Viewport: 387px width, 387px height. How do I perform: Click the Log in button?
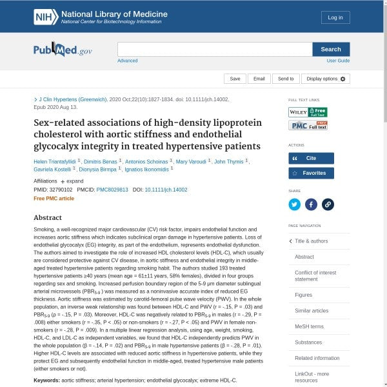click(x=335, y=17)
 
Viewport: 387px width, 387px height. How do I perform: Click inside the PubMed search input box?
click(x=214, y=50)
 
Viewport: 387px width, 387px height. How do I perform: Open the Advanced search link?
click(x=127, y=61)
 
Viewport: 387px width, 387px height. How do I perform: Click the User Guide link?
click(x=338, y=61)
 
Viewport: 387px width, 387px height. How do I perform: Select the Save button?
click(x=235, y=79)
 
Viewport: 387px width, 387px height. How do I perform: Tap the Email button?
click(x=259, y=79)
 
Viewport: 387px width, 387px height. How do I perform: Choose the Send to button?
click(x=286, y=79)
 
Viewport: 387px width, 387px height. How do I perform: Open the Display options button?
click(x=326, y=79)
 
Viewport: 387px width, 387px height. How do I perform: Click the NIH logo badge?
click(x=46, y=17)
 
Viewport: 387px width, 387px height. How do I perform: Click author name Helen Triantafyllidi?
click(x=55, y=161)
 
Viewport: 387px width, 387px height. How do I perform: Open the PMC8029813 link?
click(x=112, y=190)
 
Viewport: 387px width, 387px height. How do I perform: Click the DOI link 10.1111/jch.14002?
click(x=166, y=190)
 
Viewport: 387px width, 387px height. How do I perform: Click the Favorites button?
click(x=311, y=173)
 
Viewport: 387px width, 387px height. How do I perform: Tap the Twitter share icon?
click(x=295, y=204)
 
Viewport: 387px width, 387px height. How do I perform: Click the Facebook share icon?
click(x=311, y=204)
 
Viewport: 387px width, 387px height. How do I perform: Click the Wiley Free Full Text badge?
click(x=308, y=112)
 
